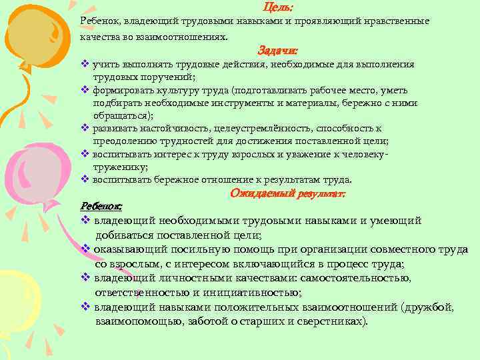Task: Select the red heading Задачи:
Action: click(277, 50)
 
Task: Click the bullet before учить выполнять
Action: click(85, 64)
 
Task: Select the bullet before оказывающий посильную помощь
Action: click(85, 249)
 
